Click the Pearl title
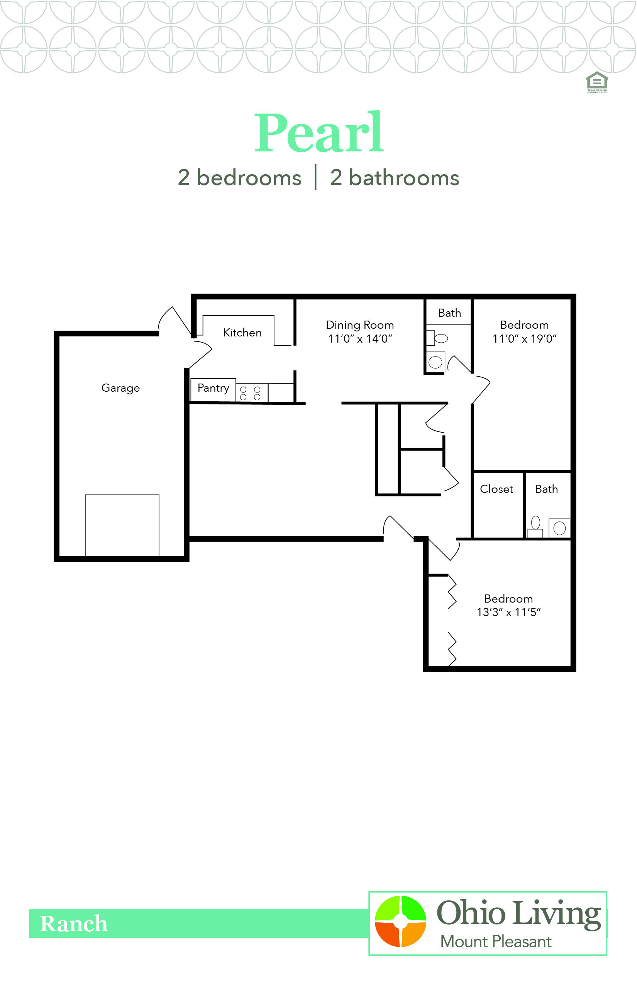click(319, 132)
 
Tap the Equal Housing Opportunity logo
click(597, 82)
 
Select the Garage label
click(121, 388)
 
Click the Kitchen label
click(242, 332)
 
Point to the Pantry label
click(213, 388)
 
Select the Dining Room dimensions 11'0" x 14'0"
click(360, 339)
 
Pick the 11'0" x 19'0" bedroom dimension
click(525, 339)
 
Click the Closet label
click(496, 489)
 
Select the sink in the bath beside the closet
click(559, 528)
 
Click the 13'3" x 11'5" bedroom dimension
click(509, 613)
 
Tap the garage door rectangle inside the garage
click(122, 526)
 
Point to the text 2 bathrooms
click(395, 178)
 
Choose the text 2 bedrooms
click(239, 178)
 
